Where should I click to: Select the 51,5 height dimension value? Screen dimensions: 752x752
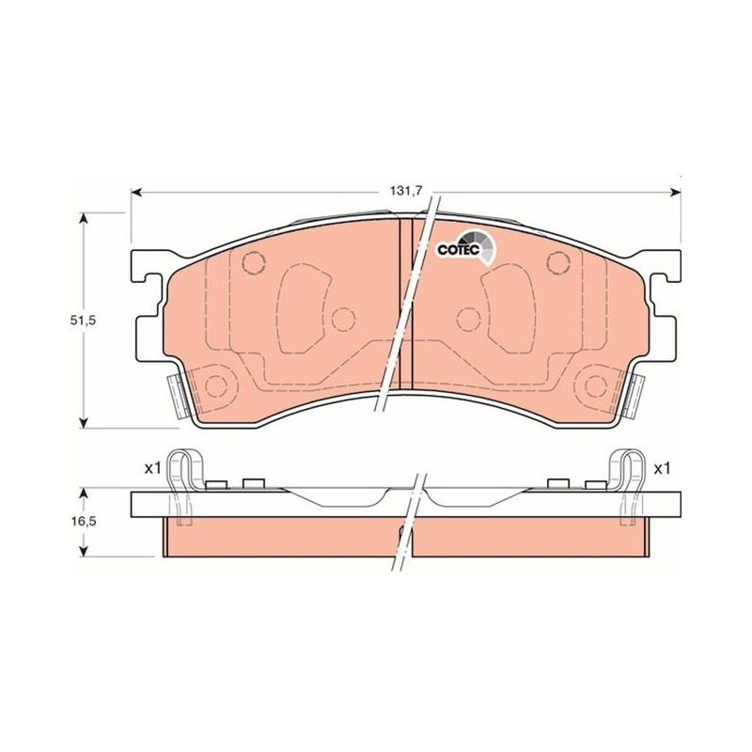[x=84, y=321]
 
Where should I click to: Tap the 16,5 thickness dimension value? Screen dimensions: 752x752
[x=84, y=521]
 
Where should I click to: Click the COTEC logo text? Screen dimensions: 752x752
[x=458, y=249]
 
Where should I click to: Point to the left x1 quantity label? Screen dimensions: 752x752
[x=152, y=468]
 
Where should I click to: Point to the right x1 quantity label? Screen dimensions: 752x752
[x=662, y=468]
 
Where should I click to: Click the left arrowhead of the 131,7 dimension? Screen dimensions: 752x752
[x=136, y=193]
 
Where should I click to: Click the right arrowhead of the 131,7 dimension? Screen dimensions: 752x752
[x=676, y=193]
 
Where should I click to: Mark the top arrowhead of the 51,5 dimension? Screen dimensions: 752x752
[x=84, y=219]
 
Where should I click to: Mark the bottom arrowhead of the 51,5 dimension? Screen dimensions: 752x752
[x=84, y=421]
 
